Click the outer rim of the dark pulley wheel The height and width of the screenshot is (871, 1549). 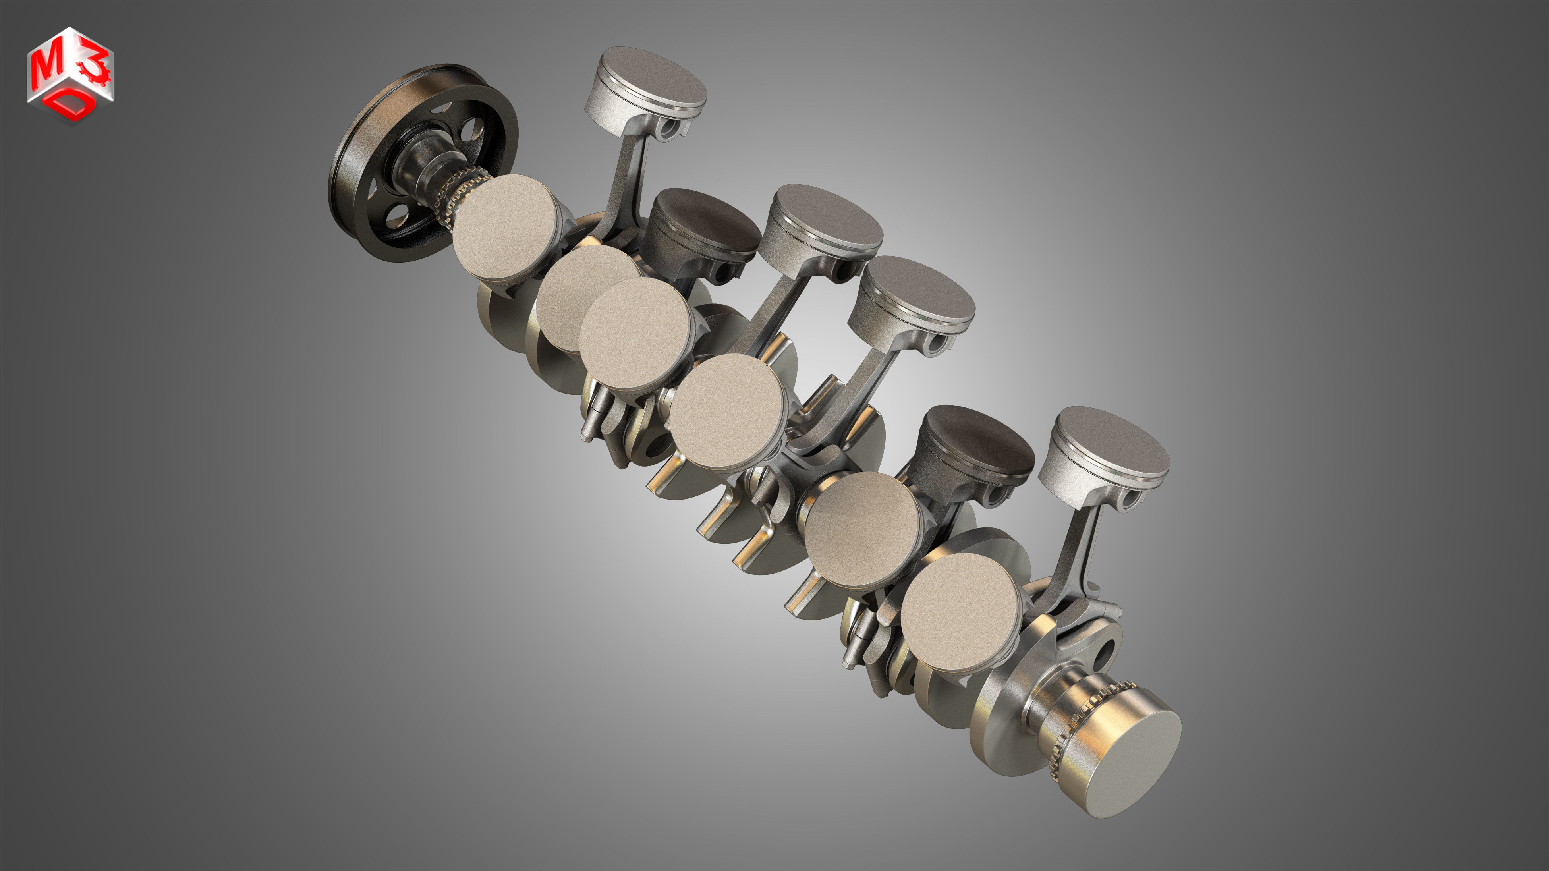tap(346, 180)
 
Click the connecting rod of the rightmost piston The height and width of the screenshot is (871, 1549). tap(1076, 559)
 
